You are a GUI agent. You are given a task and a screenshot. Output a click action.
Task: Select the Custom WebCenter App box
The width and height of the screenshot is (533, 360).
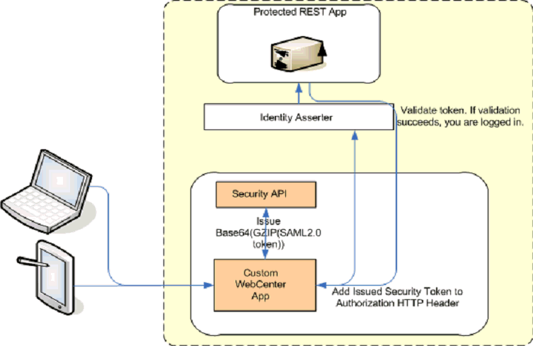(x=265, y=285)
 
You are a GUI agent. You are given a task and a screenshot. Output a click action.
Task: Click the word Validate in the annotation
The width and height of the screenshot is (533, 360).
(x=418, y=110)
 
